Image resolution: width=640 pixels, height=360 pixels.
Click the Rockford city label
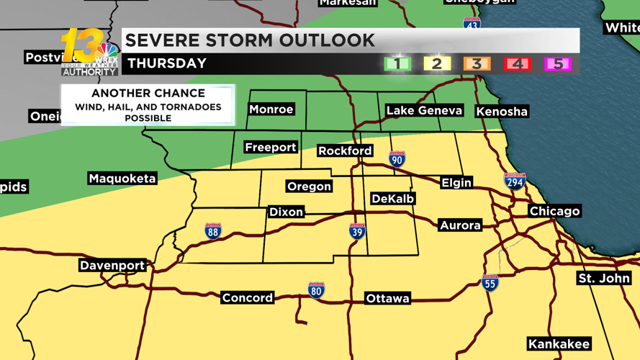345,151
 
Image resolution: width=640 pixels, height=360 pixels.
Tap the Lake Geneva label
424,110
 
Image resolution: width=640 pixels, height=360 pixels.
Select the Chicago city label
554,211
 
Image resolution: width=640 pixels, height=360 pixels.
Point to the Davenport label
112,266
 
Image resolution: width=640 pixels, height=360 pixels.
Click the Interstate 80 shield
316,291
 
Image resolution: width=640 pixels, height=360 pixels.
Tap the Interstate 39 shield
357,231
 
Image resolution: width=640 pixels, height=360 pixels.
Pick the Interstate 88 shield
212,231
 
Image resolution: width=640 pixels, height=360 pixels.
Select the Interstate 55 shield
490,283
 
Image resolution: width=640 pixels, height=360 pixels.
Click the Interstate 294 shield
514,181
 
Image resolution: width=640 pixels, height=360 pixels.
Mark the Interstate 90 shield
397,159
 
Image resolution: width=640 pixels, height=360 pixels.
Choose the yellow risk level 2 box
436,64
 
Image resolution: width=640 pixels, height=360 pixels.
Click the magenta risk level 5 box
557,64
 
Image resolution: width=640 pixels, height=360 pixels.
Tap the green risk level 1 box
397,64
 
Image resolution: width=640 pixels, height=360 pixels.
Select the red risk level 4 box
517,64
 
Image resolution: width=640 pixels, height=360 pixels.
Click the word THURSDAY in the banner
167,63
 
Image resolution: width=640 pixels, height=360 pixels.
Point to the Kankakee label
559,344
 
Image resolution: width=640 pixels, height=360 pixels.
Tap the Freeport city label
270,148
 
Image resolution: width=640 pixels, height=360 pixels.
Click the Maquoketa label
122,179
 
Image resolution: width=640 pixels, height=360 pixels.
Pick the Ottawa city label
387,298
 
